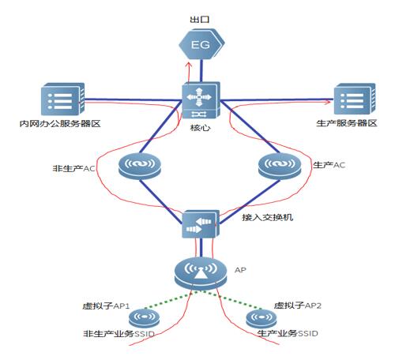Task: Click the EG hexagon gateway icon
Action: point(201,44)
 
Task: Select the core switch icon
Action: point(201,100)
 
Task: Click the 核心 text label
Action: point(201,128)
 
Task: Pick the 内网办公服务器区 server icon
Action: point(62,99)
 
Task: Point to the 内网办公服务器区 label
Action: point(60,123)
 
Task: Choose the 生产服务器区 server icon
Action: point(355,99)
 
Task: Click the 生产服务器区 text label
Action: point(347,123)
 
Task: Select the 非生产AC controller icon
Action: point(139,167)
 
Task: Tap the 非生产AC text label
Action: point(73,168)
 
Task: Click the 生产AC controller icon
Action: point(280,167)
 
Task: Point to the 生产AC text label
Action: point(329,165)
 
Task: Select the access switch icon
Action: point(201,223)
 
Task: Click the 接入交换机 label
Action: point(267,217)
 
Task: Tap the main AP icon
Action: point(201,274)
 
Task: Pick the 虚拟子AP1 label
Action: point(106,306)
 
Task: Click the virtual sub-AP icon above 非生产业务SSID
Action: point(145,318)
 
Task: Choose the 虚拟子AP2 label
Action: point(298,306)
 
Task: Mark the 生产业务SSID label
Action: point(288,333)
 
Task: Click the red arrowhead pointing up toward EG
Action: point(188,64)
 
